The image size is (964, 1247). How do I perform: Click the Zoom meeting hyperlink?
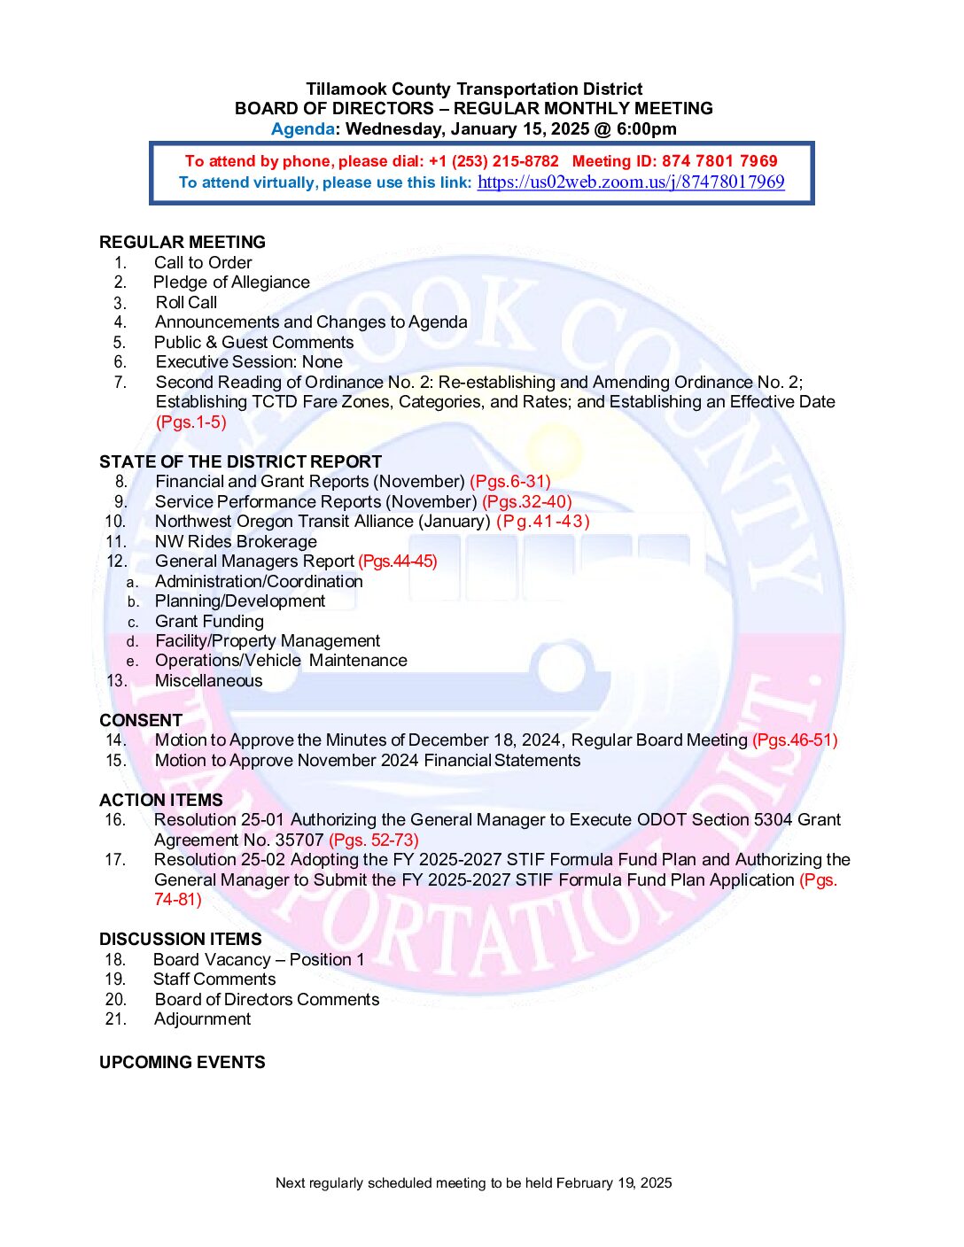631,182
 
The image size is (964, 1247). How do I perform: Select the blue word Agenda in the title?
302,129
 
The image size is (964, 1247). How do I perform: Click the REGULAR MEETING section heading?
183,243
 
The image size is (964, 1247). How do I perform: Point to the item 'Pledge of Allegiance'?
231,283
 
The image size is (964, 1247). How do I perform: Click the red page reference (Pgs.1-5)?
191,422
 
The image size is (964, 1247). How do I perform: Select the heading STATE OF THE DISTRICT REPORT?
240,461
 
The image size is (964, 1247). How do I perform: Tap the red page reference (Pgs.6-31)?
510,482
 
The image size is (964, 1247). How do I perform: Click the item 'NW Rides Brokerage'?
236,542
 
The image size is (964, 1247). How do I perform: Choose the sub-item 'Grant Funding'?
209,622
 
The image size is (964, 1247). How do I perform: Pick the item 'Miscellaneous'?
208,681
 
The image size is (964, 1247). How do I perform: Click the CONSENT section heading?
141,720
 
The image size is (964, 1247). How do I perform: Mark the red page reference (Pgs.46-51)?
795,740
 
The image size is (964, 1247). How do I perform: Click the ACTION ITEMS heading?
161,800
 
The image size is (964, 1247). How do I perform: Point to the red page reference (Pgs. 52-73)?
374,840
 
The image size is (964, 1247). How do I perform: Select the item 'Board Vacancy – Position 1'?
259,960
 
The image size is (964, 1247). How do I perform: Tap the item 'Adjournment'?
202,1019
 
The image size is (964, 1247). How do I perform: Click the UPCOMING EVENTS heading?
183,1062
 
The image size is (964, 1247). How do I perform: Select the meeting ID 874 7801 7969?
719,161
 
